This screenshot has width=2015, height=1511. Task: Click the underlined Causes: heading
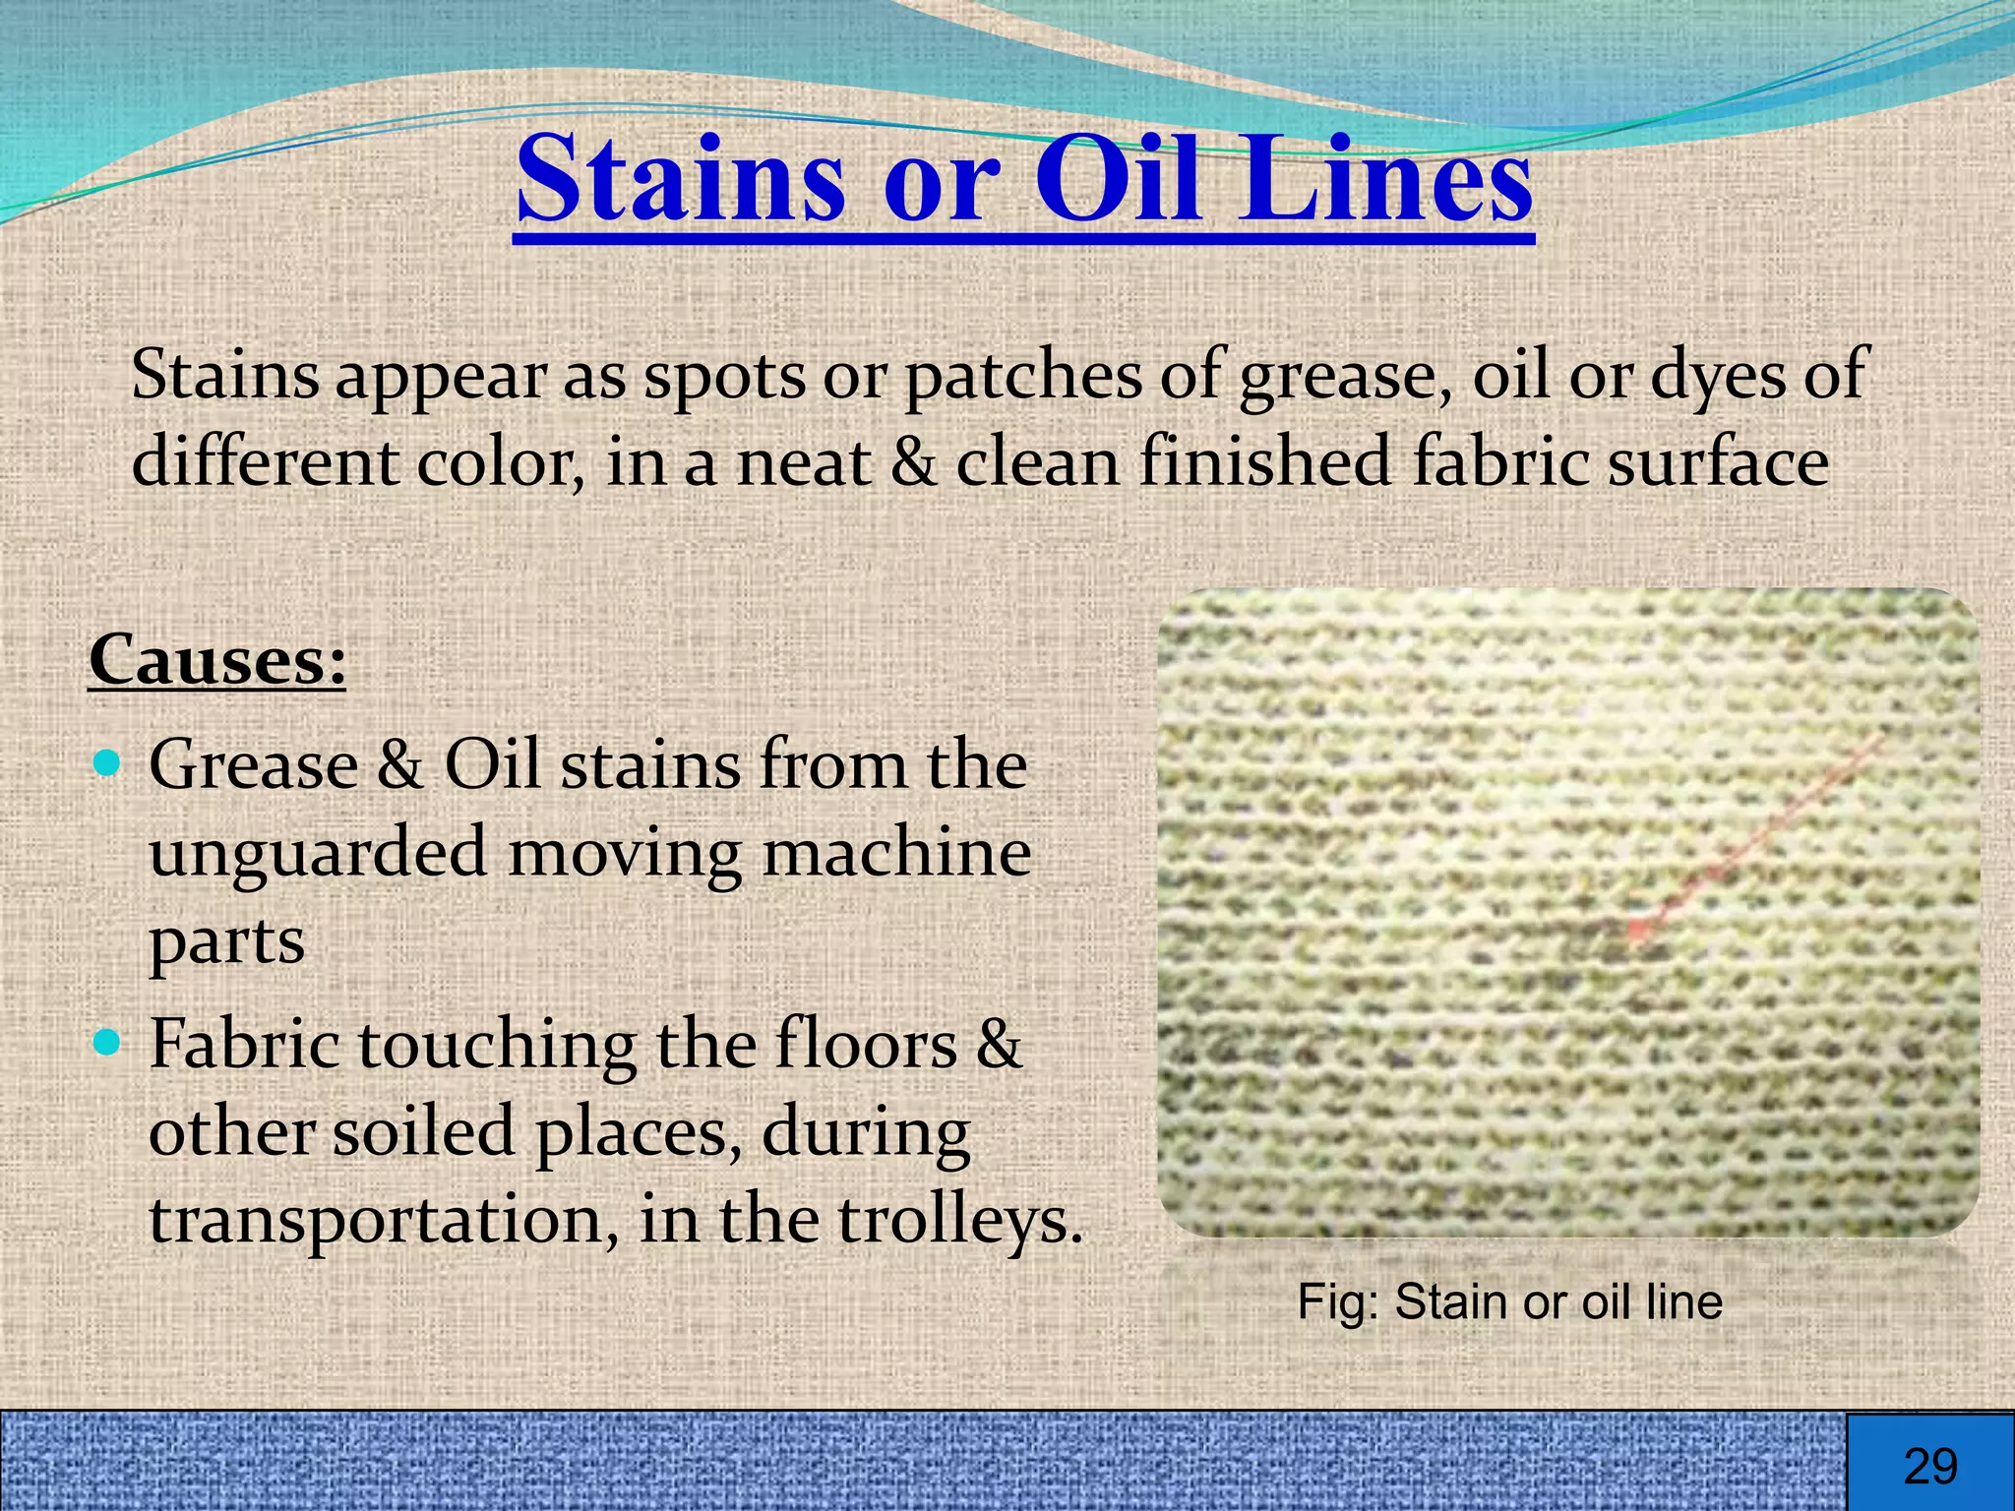coord(217,659)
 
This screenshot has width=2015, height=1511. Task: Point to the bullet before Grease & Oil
coord(109,761)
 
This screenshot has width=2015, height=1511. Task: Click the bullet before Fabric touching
coord(109,1041)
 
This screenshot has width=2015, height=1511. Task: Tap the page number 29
coord(1929,1467)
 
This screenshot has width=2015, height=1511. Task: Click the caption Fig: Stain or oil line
coord(1509,1301)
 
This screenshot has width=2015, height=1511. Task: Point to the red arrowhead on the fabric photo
coord(1637,928)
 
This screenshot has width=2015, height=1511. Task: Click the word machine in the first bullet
coord(896,852)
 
